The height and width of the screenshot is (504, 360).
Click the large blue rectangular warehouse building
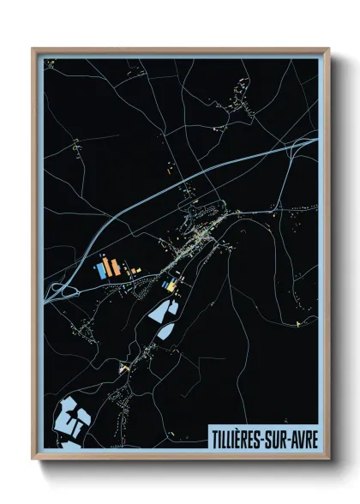coord(102,270)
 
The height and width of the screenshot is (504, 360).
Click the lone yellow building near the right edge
coord(296,322)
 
